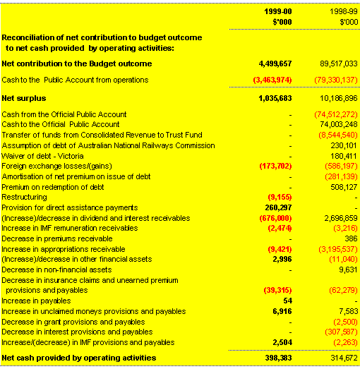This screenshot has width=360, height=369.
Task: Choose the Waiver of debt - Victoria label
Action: click(43, 155)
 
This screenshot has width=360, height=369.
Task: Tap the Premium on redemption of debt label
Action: click(52, 187)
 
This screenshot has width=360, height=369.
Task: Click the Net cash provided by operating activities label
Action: click(79, 358)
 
